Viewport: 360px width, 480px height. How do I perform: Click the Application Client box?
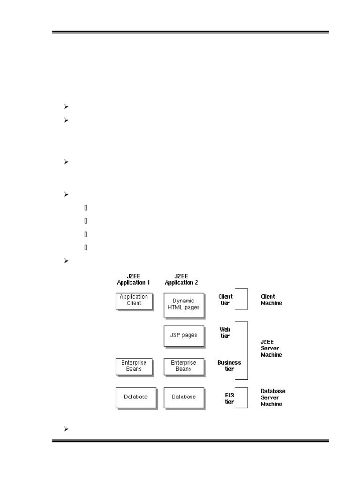134,301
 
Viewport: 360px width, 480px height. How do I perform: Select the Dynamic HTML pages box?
184,305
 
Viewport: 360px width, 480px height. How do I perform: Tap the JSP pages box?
184,336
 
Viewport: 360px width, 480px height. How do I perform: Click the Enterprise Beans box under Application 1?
134,367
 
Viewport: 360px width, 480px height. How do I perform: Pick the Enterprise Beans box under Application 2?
184,367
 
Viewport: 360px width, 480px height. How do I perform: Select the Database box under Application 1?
136,398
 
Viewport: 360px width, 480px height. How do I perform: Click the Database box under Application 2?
184,398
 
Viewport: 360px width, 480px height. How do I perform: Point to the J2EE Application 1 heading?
134,279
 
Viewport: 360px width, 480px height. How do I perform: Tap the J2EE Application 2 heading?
181,279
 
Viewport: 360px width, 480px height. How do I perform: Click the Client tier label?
225,300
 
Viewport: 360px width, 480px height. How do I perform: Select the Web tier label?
225,333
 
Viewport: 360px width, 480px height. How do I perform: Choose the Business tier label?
229,366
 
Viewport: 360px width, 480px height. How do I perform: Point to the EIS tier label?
229,398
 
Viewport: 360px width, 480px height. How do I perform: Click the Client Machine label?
271,300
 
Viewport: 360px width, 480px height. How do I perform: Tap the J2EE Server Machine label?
271,348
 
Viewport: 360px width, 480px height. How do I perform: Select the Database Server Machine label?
273,397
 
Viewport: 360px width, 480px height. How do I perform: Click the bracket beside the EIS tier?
247,397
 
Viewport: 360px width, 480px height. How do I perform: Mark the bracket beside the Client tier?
247,299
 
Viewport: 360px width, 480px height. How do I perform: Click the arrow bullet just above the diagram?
66,261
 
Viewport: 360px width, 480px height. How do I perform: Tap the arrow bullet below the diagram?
66,429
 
